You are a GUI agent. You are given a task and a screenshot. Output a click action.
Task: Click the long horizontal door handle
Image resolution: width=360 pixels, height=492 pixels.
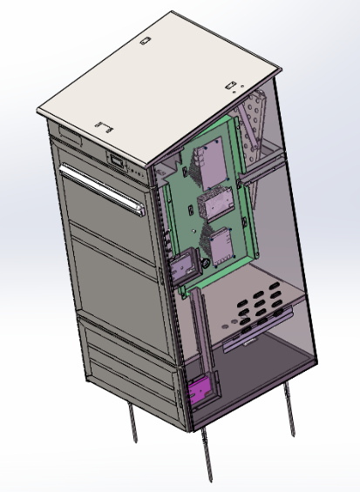click(x=100, y=190)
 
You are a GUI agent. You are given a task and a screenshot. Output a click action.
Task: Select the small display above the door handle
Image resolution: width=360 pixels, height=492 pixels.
click(x=115, y=160)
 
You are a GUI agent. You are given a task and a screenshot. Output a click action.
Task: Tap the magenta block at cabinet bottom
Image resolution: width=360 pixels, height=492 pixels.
click(x=199, y=391)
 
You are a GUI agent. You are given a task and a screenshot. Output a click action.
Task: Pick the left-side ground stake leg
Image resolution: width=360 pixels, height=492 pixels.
click(x=132, y=425)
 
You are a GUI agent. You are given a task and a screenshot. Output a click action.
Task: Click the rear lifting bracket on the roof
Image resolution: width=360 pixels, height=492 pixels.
click(x=146, y=41)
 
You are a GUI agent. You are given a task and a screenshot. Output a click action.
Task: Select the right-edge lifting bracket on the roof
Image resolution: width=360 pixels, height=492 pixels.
click(x=232, y=85)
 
